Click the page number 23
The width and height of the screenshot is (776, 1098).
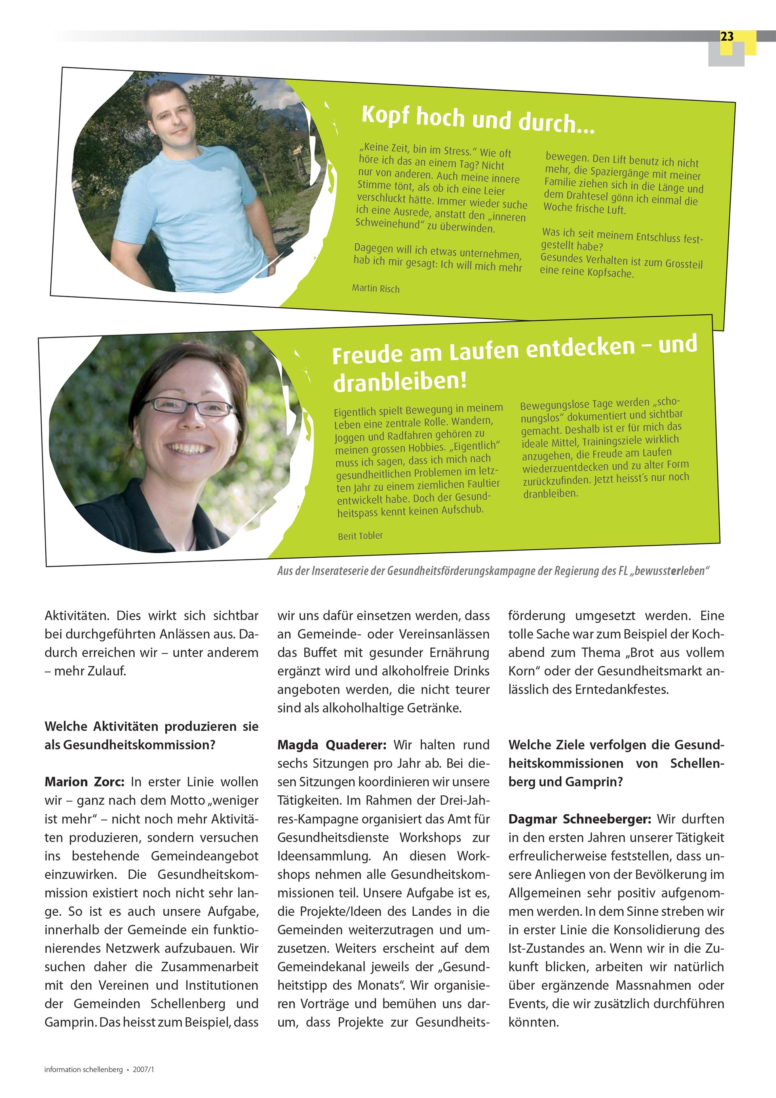tap(726, 37)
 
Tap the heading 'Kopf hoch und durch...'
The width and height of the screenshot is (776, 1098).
tap(477, 119)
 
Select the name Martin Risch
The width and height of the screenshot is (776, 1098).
tap(375, 289)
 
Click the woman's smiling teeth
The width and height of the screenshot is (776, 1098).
tap(190, 449)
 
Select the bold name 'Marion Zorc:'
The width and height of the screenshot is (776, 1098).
tap(84, 782)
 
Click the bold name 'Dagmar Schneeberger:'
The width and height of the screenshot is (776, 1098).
tap(579, 819)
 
